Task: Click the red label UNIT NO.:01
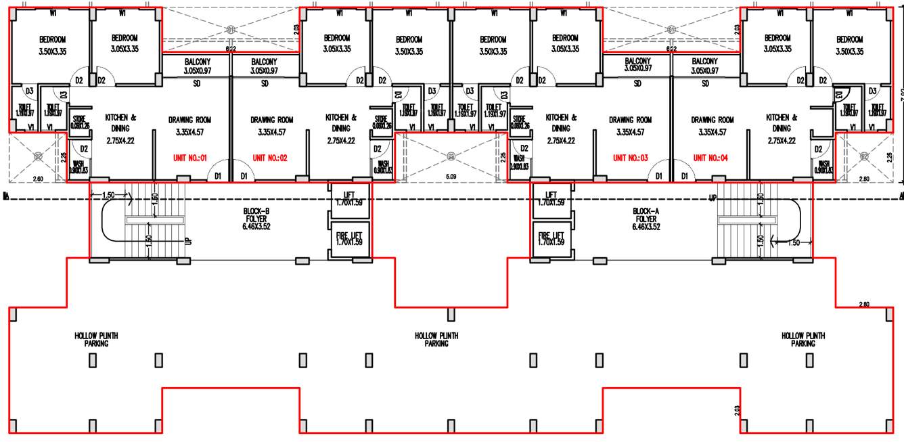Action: pos(189,158)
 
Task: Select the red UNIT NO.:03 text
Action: pos(630,158)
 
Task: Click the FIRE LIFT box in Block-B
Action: pos(349,238)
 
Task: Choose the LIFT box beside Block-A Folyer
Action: pos(551,198)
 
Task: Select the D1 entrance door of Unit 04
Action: pos(685,176)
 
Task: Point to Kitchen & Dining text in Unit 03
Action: pos(561,127)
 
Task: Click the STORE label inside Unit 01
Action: pos(81,122)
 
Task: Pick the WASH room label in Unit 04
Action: pos(824,167)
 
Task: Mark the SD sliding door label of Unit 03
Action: pos(637,84)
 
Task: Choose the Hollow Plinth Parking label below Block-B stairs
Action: pos(96,339)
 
